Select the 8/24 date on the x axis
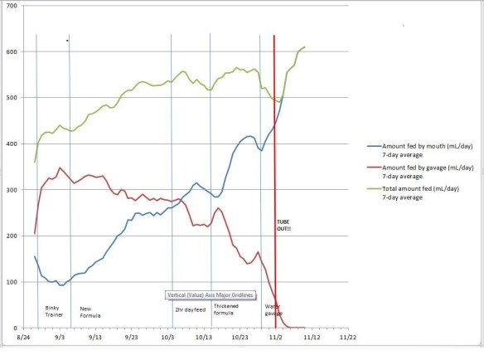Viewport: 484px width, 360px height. [x=25, y=338]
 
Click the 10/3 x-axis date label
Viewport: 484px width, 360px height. [x=168, y=338]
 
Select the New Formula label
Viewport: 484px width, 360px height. [x=91, y=312]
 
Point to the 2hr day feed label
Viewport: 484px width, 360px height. [x=190, y=309]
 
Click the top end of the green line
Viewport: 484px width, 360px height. [x=305, y=46]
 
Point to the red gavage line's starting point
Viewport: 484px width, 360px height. [x=35, y=233]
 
